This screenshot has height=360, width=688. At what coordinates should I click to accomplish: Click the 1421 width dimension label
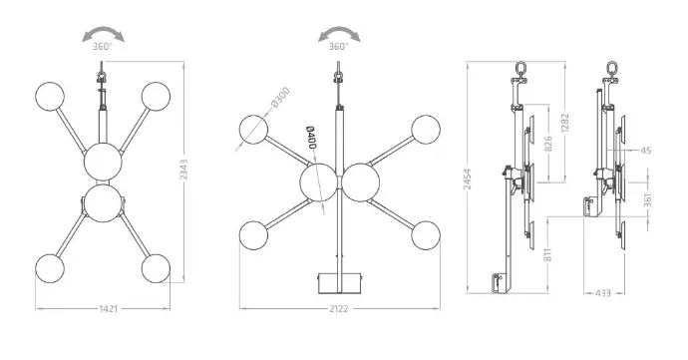[108, 308]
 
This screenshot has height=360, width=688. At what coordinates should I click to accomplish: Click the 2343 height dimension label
[183, 169]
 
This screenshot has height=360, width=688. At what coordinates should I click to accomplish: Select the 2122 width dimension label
[339, 308]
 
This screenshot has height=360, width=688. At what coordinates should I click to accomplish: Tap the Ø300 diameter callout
[281, 98]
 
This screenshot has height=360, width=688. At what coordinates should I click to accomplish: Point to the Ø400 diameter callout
[311, 138]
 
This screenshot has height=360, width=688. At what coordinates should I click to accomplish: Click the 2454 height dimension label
[468, 180]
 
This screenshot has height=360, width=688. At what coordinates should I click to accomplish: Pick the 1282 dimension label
[564, 123]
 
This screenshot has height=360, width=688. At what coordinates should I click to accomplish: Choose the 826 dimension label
[548, 144]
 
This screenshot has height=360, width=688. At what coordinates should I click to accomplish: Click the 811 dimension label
[548, 254]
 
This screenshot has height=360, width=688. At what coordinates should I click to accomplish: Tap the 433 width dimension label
[604, 293]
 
